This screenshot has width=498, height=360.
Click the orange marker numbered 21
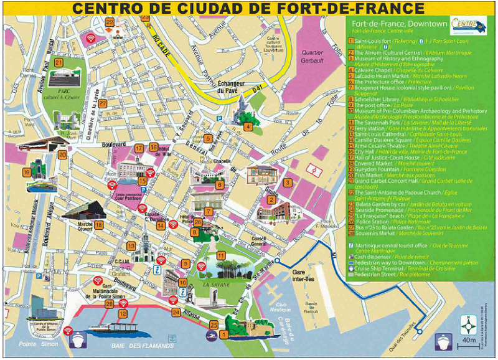coord(59,62)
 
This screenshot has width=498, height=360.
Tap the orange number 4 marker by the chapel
coord(248,127)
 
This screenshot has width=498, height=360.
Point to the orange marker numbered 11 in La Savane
coord(221,255)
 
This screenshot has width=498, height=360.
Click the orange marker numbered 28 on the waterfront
coord(110,305)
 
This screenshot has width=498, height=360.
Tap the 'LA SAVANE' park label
coord(215,285)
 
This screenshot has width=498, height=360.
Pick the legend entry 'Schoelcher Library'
coord(382,99)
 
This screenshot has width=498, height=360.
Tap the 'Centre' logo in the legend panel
coord(470,25)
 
